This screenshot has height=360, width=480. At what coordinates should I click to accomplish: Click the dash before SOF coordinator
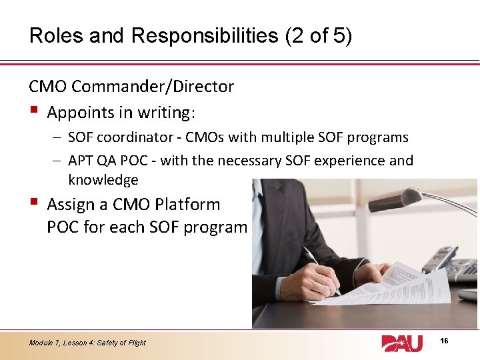point(57,138)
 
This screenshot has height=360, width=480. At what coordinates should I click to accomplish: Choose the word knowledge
point(103,180)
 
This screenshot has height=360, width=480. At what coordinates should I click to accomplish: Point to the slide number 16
point(445,341)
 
